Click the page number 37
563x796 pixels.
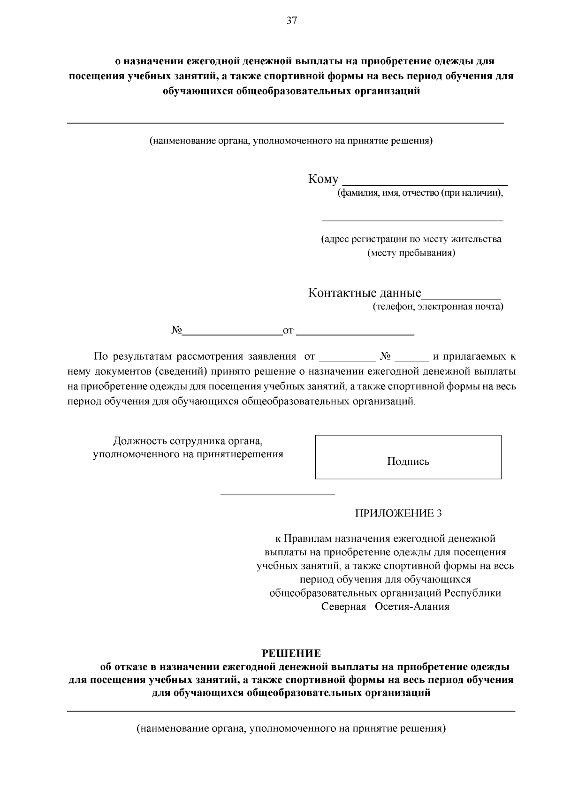tap(291, 21)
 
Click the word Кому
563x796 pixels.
tap(323, 179)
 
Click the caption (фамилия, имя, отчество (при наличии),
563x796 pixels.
tap(420, 193)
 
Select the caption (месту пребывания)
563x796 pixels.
tap(411, 253)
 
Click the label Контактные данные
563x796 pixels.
tap(365, 294)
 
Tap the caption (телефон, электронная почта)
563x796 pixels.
tap(438, 307)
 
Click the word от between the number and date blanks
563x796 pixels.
tap(288, 331)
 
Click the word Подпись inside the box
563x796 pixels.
tap(408, 462)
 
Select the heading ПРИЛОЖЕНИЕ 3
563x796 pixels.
tap(398, 513)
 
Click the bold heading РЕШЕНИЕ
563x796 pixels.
tap(291, 653)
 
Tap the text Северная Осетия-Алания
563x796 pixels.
tap(385, 607)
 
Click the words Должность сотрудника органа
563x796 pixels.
tap(187, 441)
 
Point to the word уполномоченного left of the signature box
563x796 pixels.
tap(136, 455)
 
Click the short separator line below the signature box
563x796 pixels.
tap(278, 494)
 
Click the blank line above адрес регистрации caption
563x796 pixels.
tap(411, 220)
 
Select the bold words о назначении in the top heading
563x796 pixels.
tap(148, 61)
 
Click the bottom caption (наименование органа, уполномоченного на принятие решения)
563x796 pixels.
tap(291, 729)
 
